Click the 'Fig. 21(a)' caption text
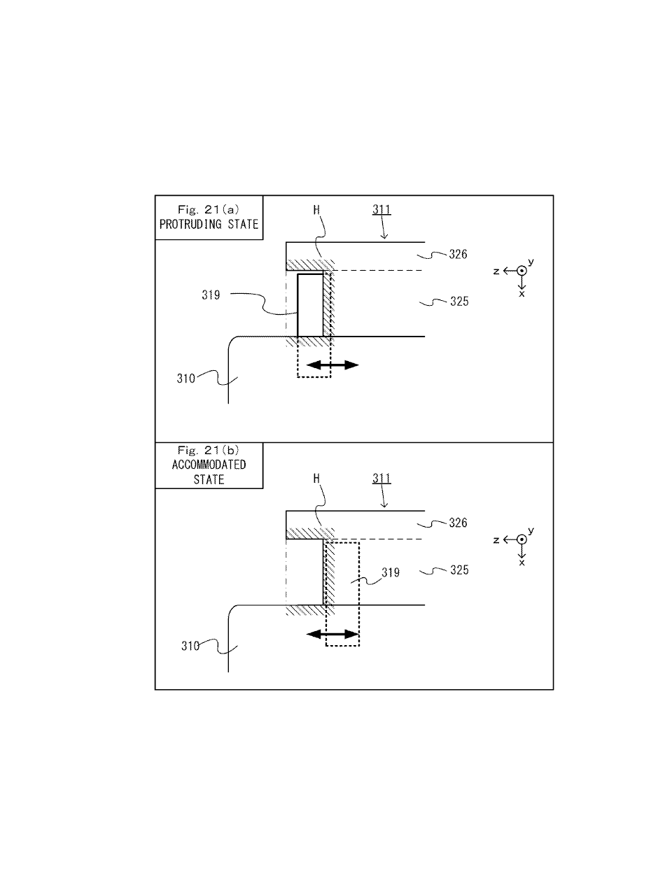209,209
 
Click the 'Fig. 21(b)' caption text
209,451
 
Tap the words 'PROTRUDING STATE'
209,225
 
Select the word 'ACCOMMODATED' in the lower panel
209,465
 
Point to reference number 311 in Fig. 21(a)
381,209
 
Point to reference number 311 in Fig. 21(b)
381,478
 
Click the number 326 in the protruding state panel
458,254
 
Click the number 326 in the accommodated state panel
458,523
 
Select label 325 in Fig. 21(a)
459,301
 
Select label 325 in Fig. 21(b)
459,570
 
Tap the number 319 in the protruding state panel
211,295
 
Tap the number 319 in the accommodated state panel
391,572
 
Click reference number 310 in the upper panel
186,379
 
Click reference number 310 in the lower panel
190,646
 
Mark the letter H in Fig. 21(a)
317,209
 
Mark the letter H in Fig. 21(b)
317,479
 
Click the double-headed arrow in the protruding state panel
332,365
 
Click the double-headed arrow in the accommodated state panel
332,634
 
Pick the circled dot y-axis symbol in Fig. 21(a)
521,271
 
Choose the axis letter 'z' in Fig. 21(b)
496,540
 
